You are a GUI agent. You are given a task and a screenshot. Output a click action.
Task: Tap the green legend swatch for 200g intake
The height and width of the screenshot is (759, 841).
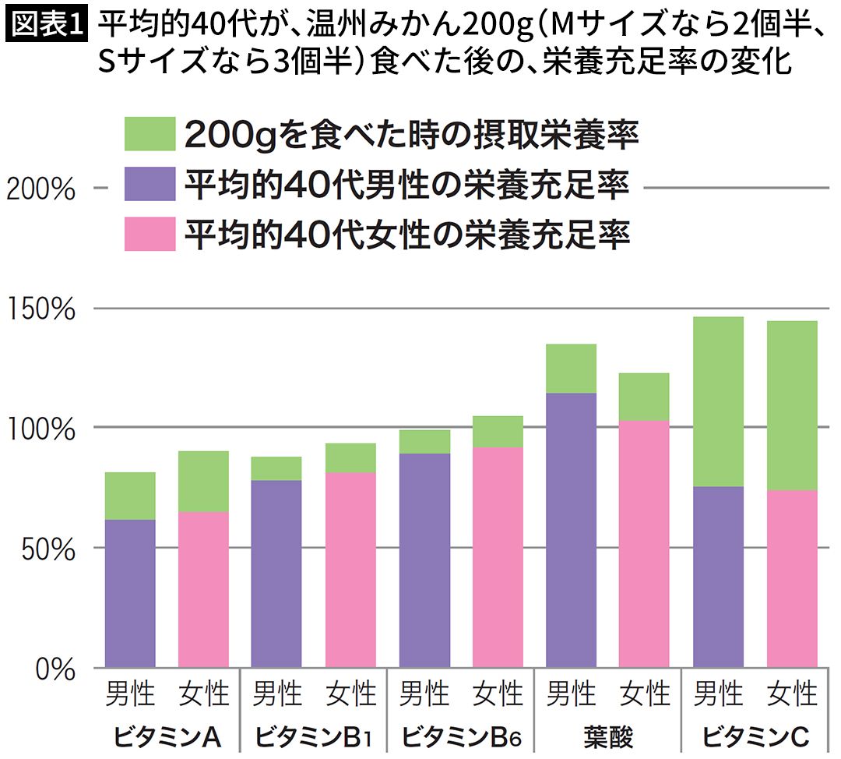tap(150, 135)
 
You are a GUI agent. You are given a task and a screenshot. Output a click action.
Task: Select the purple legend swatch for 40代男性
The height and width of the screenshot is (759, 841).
tap(150, 185)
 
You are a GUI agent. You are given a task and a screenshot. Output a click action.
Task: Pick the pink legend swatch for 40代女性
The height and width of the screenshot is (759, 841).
tap(150, 234)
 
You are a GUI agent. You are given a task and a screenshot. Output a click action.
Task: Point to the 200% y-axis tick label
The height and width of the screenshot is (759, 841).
tap(40, 189)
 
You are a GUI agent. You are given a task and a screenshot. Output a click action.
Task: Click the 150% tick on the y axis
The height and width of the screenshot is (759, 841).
tap(40, 309)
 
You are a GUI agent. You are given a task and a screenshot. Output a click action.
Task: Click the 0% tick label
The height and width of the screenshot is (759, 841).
tap(55, 668)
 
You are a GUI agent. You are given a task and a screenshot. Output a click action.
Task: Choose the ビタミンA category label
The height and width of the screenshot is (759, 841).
tap(167, 736)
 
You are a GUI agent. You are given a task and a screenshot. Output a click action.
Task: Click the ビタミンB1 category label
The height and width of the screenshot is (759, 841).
tap(315, 736)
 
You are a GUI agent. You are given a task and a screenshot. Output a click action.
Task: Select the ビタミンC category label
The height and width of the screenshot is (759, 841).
tap(755, 736)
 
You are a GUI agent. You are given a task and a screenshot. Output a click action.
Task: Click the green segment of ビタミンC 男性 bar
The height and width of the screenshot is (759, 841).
tap(718, 401)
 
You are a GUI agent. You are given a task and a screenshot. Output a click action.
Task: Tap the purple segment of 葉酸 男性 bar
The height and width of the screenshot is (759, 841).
tap(571, 530)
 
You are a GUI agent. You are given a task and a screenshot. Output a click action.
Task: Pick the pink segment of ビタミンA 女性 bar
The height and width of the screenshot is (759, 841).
tap(204, 589)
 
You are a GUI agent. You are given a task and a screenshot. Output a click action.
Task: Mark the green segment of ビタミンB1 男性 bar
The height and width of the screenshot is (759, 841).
tap(277, 468)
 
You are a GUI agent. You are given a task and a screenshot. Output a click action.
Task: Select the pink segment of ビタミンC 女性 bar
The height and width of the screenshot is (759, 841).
tap(792, 578)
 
